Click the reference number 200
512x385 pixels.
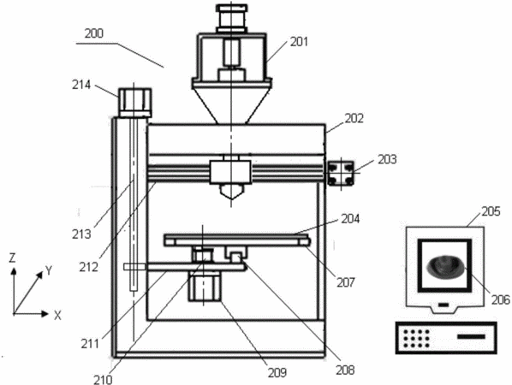point(93,33)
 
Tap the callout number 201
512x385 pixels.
point(299,42)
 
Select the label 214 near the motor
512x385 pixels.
point(81,85)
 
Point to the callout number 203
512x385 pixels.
point(387,159)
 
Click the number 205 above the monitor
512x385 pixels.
point(491,211)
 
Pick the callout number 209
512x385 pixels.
point(277,372)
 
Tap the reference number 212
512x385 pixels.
point(88,267)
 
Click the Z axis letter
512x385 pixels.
point(12,258)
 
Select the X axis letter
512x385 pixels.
point(57,316)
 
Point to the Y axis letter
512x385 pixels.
point(49,270)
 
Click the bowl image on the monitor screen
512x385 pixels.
point(445,267)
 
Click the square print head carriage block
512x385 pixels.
point(230,172)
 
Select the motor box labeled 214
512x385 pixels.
point(134,103)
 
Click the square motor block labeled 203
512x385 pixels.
point(341,173)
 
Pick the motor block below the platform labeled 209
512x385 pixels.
point(205,286)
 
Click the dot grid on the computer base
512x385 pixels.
point(416,338)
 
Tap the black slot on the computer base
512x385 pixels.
point(471,336)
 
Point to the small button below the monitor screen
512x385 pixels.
point(444,305)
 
